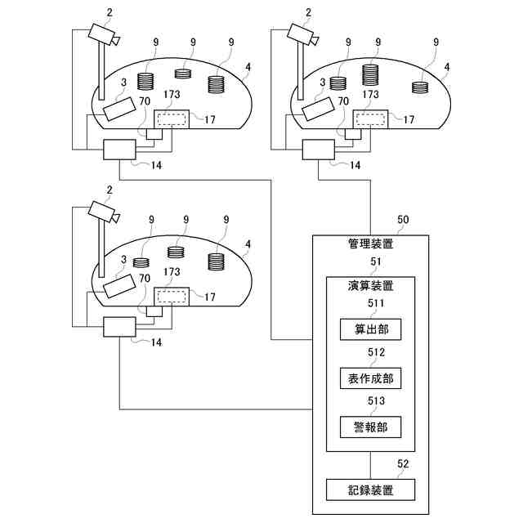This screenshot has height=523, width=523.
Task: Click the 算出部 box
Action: coord(371,329)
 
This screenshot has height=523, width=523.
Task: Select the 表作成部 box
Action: coord(371,378)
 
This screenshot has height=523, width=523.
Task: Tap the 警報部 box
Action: coord(371,428)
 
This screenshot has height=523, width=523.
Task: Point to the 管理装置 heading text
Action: coord(370,244)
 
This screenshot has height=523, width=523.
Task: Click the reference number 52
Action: coord(403,464)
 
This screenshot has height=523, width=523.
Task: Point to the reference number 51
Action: coord(377,263)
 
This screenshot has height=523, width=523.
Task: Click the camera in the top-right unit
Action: coord(302,34)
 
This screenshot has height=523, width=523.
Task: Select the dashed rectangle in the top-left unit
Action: coord(171,118)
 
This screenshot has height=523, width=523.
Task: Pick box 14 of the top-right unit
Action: coord(319,150)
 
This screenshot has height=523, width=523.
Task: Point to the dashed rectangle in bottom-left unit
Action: coord(171,296)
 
